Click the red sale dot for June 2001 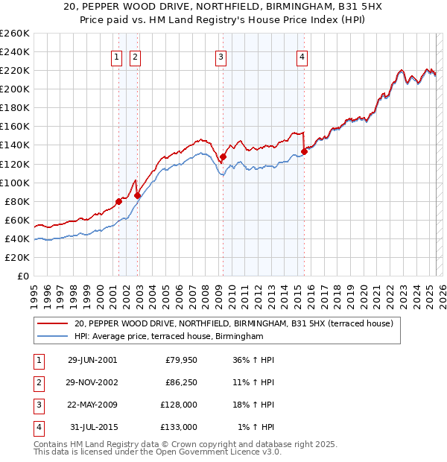pyautogui.click(x=118, y=201)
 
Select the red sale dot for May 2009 pyautogui.click(x=223, y=156)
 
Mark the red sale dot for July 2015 pyautogui.click(x=304, y=151)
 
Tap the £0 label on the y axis pyautogui.click(x=22, y=276)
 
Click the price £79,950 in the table pyautogui.click(x=180, y=360)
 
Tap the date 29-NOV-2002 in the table pyautogui.click(x=92, y=382)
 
